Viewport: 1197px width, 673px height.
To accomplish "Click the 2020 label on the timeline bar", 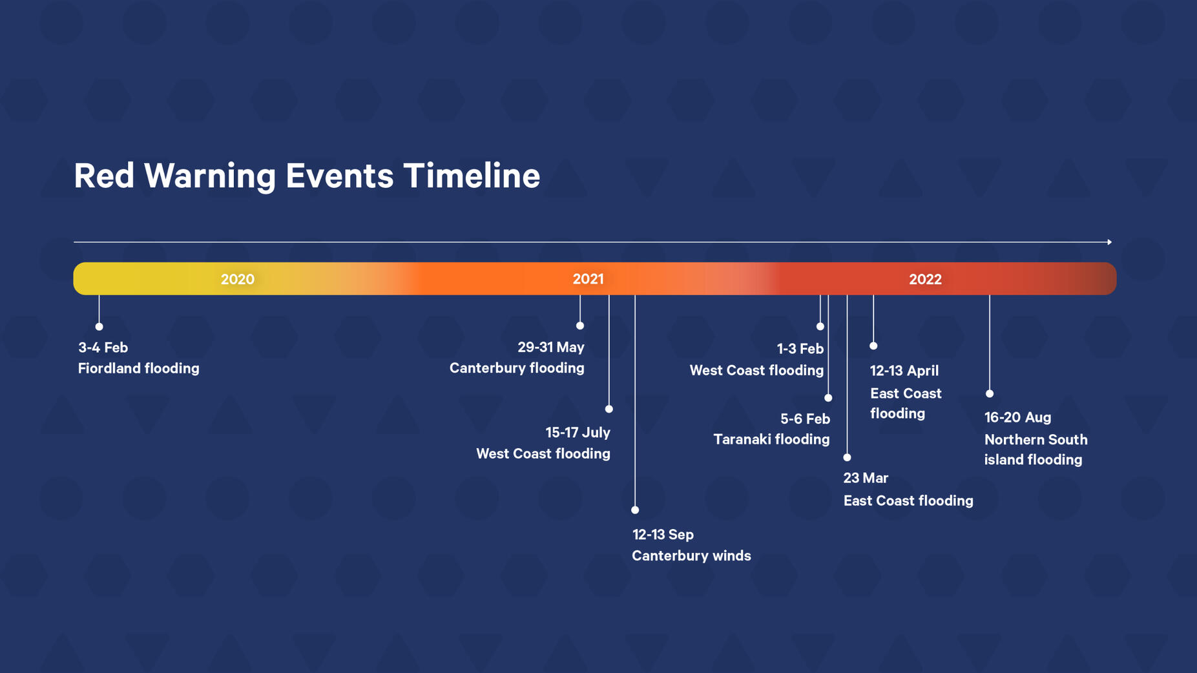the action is (x=237, y=279).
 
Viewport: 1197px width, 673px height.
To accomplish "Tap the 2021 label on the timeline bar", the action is (x=588, y=279).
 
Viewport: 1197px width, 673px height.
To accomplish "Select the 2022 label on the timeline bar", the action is (x=925, y=279).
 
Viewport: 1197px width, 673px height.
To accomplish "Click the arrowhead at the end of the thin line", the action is (x=1109, y=242).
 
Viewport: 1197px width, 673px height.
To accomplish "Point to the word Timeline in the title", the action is (x=472, y=176).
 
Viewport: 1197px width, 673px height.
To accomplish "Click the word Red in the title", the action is (x=104, y=176).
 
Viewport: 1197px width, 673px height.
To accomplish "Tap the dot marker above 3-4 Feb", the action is (x=99, y=327).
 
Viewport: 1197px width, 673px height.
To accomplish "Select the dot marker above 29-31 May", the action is (x=580, y=326).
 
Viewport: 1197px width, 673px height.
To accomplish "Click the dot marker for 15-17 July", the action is (x=609, y=409).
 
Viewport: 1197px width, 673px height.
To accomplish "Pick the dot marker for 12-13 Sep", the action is (x=635, y=510).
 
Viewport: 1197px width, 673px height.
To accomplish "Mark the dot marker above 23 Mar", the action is (x=848, y=457).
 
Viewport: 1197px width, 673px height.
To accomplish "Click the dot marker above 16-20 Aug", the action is (x=990, y=393).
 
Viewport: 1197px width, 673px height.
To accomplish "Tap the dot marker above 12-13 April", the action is (x=873, y=346).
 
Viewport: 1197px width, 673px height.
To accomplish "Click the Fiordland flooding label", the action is (x=138, y=369).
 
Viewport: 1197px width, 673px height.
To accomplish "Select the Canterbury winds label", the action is (x=691, y=556).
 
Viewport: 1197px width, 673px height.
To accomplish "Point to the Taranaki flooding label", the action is (x=771, y=439).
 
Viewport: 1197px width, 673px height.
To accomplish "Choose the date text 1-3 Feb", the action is (x=800, y=349).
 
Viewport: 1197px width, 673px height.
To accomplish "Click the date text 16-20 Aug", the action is (x=1017, y=417).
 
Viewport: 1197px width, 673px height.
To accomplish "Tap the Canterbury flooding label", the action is (x=517, y=368).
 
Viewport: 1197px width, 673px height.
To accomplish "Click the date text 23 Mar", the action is (x=866, y=478).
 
